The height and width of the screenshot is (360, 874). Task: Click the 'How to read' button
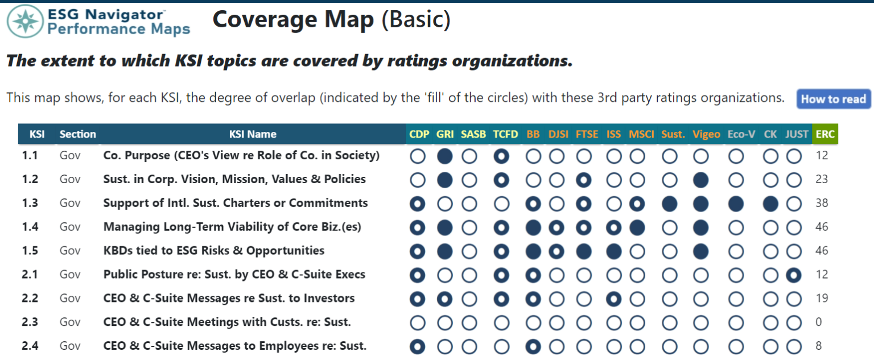[x=833, y=99]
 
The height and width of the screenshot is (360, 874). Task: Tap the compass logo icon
[x=25, y=21]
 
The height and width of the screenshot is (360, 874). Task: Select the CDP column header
[x=418, y=134]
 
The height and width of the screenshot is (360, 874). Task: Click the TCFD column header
[x=506, y=134]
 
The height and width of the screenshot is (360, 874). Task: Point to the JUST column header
[x=796, y=134]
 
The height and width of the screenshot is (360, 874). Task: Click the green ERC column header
[x=824, y=134]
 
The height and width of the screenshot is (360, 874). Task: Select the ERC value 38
[x=821, y=203]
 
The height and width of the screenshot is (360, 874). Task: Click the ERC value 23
[x=821, y=179]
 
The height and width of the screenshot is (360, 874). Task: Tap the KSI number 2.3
[x=30, y=322]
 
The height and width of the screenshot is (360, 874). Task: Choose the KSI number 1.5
[x=30, y=250]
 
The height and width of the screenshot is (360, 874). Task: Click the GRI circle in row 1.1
[x=445, y=156]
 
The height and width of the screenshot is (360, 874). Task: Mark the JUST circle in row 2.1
[x=793, y=275]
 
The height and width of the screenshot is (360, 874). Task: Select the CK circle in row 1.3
[x=771, y=204]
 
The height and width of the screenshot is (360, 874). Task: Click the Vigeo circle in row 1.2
[x=701, y=180]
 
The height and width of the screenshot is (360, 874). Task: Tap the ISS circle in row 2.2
[x=614, y=299]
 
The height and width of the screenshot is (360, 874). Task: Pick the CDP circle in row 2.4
[x=418, y=346]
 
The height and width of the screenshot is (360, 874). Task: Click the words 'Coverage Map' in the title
[x=293, y=20]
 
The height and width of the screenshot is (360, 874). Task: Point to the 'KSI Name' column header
[x=253, y=134]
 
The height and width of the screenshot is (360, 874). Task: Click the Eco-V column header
[x=741, y=134]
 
